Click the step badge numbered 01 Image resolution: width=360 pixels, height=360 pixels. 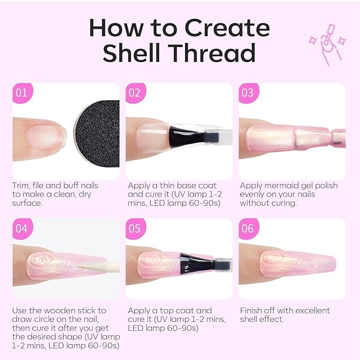pyautogui.click(x=21, y=93)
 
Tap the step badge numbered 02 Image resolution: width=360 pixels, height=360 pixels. pyautogui.click(x=135, y=93)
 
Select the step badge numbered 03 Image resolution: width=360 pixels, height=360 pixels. pyautogui.click(x=248, y=93)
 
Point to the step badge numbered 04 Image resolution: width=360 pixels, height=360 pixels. pyautogui.click(x=21, y=229)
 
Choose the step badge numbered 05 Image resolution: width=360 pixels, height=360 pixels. pyautogui.click(x=135, y=229)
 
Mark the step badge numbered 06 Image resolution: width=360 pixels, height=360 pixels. pyautogui.click(x=248, y=229)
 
